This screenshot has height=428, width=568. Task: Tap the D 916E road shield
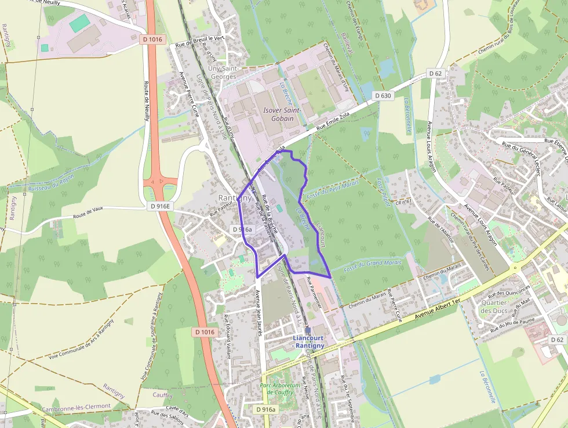[x=160, y=206]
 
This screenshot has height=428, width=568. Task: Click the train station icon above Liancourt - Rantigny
[x=308, y=330]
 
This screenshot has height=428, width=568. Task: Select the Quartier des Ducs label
[x=494, y=306]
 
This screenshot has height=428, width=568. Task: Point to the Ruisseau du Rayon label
[x=51, y=182]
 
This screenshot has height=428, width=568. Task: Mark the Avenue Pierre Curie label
[x=189, y=94]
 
